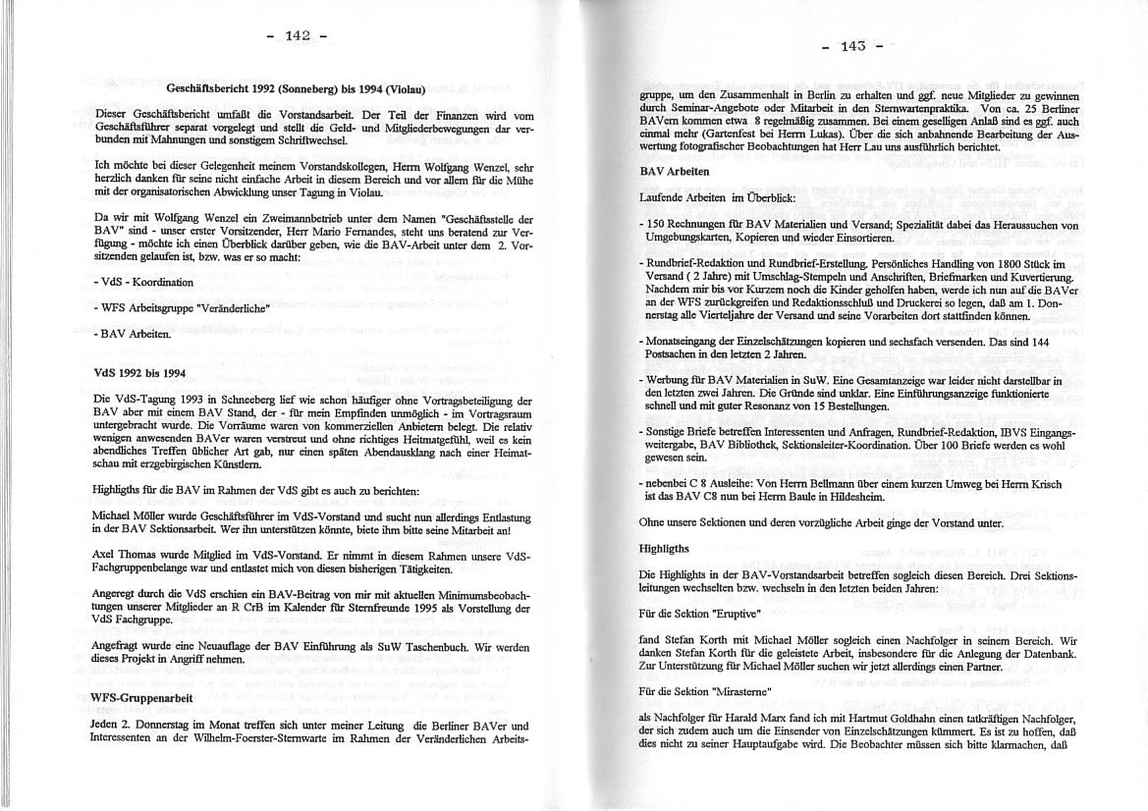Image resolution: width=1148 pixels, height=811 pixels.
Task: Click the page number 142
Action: (297, 35)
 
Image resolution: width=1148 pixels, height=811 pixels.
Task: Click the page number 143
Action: (852, 45)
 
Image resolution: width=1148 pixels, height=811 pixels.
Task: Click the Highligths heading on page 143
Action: (665, 548)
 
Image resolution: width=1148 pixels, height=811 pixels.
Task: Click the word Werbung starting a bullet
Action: (669, 379)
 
